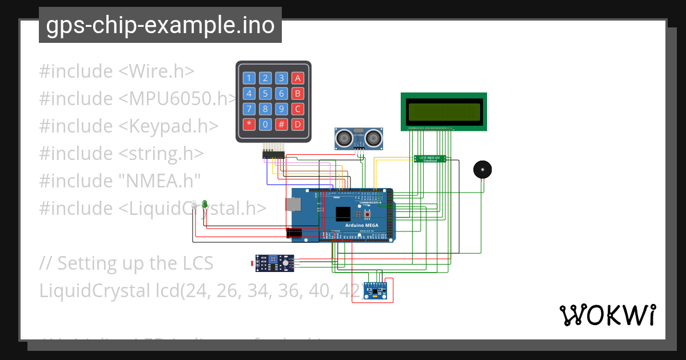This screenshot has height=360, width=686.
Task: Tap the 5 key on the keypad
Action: pyautogui.click(x=265, y=94)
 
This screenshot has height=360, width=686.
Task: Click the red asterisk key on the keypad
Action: pyautogui.click(x=249, y=124)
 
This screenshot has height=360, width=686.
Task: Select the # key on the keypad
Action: pyautogui.click(x=282, y=124)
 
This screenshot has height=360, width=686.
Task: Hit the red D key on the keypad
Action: pyautogui.click(x=298, y=124)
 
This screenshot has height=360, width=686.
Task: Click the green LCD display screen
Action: pyautogui.click(x=444, y=112)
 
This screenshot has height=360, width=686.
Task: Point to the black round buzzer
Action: pyautogui.click(x=482, y=170)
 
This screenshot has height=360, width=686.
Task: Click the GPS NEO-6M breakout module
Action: pyautogui.click(x=430, y=158)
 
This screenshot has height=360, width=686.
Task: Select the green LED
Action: pyautogui.click(x=204, y=203)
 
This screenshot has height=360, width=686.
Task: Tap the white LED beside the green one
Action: pyautogui.click(x=194, y=204)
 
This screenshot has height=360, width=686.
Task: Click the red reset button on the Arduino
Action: pyautogui.click(x=367, y=214)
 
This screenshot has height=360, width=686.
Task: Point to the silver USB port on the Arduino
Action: pyautogui.click(x=292, y=204)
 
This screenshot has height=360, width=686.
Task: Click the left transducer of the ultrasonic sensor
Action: pyautogui.click(x=344, y=137)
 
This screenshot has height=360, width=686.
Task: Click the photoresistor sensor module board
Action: pyautogui.click(x=274, y=263)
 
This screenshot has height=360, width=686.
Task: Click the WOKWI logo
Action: pyautogui.click(x=607, y=315)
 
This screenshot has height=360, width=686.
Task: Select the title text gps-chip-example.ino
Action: pyautogui.click(x=160, y=25)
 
